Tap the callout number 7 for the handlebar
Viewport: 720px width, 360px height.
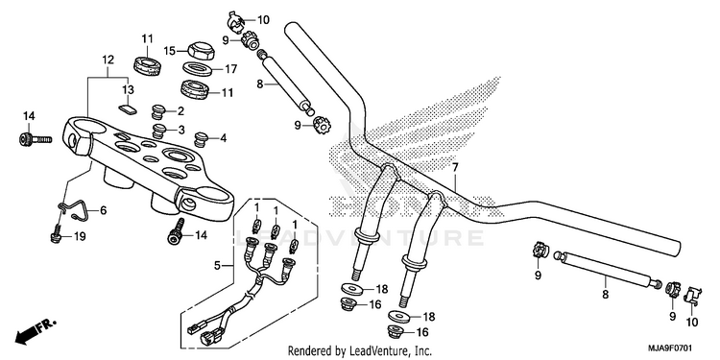tap(455, 168)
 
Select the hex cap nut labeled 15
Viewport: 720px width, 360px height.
tap(200, 50)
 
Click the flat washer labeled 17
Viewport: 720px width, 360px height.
tap(197, 69)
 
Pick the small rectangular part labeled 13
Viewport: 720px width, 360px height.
tap(128, 108)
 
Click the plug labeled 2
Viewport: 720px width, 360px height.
tap(158, 111)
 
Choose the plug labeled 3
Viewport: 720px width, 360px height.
tap(159, 131)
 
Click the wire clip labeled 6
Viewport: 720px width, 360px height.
tap(74, 209)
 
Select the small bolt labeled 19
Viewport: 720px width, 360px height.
tap(57, 233)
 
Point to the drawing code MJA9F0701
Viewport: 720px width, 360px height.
tap(670, 348)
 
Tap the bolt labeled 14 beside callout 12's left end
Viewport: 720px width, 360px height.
tap(35, 138)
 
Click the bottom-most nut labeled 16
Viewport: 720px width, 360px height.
tap(396, 330)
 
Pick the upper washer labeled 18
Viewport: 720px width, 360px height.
tap(352, 289)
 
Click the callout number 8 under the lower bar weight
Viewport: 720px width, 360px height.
tap(605, 295)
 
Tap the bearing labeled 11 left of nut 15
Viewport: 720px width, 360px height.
tap(147, 65)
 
